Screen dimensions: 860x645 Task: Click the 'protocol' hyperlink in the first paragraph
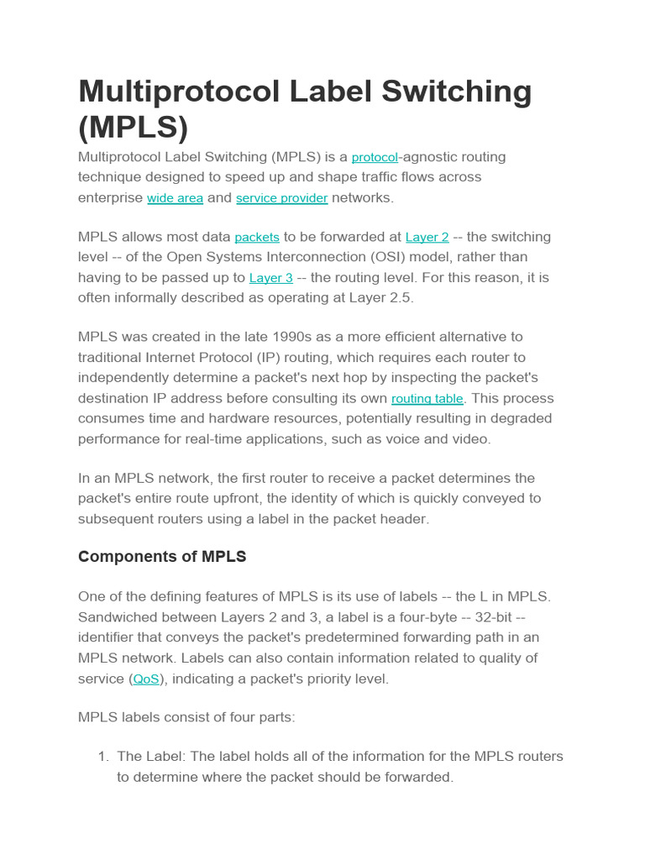375,158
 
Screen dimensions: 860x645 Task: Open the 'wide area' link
175,198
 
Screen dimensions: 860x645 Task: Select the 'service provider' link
281,198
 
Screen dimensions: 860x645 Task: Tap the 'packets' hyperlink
257,238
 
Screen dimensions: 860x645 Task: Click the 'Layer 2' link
427,238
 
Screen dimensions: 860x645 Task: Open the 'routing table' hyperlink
427,399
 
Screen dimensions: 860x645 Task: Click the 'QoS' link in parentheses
146,679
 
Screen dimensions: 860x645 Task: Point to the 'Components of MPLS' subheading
162,557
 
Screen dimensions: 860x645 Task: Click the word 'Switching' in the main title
451,92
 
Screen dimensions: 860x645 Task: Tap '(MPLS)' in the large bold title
133,127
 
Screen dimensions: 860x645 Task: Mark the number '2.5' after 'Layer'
401,297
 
